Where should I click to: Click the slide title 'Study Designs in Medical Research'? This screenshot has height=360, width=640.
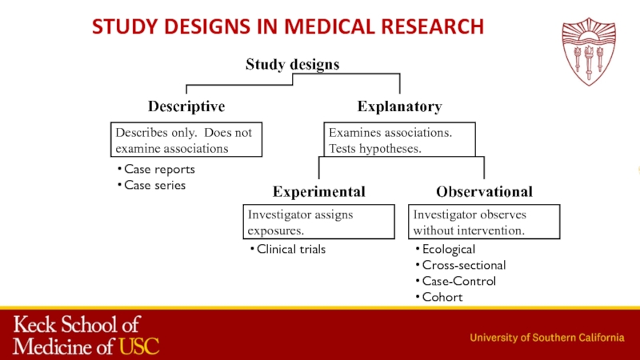click(x=288, y=26)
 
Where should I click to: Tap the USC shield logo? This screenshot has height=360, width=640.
click(x=589, y=52)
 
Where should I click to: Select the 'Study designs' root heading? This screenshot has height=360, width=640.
click(x=292, y=64)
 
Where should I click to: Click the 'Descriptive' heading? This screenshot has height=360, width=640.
click(x=186, y=106)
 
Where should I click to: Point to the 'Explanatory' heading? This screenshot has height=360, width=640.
click(x=399, y=106)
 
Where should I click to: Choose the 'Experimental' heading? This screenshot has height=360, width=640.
click(x=319, y=192)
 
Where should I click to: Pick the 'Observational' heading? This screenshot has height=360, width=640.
click(x=484, y=192)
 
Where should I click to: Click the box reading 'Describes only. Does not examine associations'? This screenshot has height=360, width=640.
click(x=186, y=140)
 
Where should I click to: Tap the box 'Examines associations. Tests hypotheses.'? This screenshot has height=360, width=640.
click(x=399, y=140)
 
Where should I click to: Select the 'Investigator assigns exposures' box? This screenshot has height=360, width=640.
click(x=319, y=222)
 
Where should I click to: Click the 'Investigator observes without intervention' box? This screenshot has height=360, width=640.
click(x=484, y=222)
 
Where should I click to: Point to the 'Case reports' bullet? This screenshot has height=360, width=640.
click(x=159, y=170)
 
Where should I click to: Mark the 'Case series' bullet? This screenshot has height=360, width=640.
click(x=154, y=185)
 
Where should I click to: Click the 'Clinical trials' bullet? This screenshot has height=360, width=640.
click(x=290, y=250)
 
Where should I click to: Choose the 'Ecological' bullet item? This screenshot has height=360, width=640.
click(x=448, y=250)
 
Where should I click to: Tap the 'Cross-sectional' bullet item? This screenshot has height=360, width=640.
click(x=463, y=265)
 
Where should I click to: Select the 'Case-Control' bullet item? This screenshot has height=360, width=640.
click(x=458, y=281)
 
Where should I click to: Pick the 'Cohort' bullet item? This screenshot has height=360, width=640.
click(x=442, y=297)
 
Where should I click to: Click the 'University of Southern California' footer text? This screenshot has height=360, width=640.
click(x=546, y=338)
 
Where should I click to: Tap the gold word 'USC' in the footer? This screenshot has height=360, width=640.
click(x=139, y=346)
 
